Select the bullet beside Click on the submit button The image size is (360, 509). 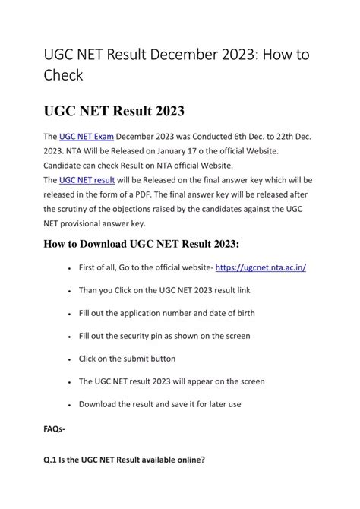coord(69,359)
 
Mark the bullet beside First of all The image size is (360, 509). coord(69,268)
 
